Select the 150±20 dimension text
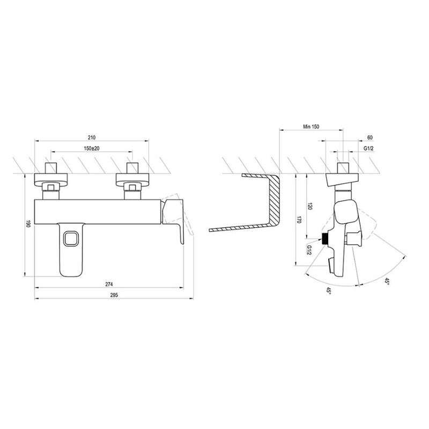92,148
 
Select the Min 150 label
310,127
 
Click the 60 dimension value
371,138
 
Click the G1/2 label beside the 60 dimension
369,149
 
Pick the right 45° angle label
387,281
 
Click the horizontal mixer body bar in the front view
99,211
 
